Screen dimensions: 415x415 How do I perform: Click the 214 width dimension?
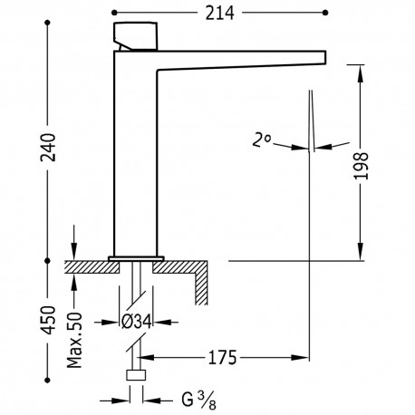click(x=219, y=14)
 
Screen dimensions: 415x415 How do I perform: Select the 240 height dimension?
click(x=48, y=148)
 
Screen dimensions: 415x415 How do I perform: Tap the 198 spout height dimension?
click(x=361, y=166)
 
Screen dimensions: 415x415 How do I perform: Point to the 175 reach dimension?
click(x=222, y=358)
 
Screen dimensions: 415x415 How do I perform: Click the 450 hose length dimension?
click(x=48, y=320)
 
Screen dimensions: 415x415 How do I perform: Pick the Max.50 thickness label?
click(x=74, y=340)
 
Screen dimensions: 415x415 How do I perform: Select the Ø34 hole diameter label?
click(x=137, y=323)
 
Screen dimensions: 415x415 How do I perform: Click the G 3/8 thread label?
click(x=199, y=401)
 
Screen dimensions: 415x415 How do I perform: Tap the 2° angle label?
click(x=262, y=140)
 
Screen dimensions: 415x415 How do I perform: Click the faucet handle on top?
click(x=136, y=36)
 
